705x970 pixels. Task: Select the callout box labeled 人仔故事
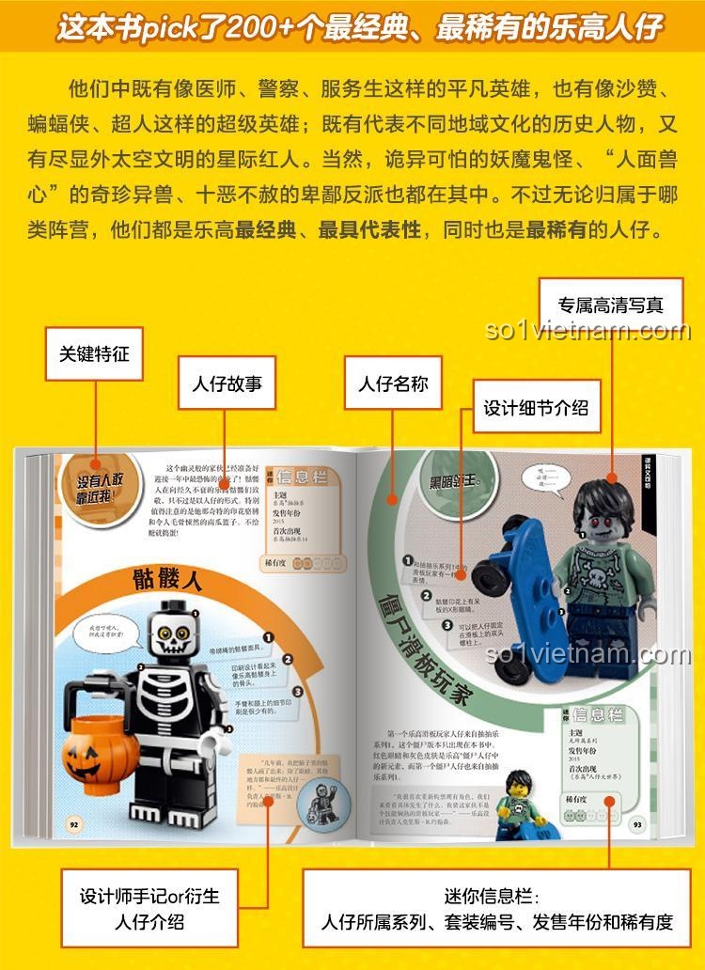tap(227, 383)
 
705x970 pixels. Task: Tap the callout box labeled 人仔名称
tap(393, 383)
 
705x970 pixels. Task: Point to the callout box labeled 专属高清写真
tap(610, 305)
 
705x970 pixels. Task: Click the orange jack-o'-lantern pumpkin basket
tap(94, 752)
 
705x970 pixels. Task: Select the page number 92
tap(74, 823)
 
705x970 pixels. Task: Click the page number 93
tap(637, 824)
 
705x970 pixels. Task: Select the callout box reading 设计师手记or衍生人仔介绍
tap(149, 908)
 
